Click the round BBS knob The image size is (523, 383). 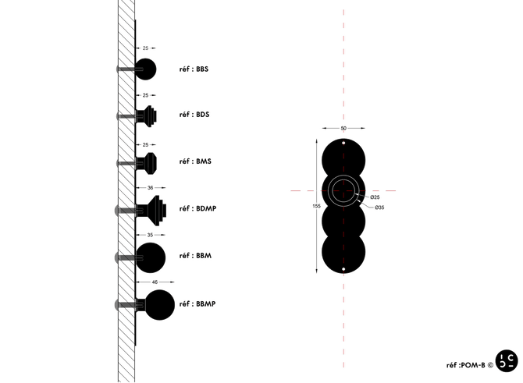(x=146, y=69)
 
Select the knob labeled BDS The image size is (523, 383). (x=149, y=115)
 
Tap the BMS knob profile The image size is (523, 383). (x=149, y=162)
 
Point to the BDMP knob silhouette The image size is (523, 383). (x=155, y=209)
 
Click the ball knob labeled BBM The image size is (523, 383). (x=151, y=255)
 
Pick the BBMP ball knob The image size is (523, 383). (x=159, y=304)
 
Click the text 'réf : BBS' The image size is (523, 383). (x=194, y=69)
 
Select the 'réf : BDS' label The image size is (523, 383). (x=194, y=115)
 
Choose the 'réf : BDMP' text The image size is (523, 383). (x=197, y=209)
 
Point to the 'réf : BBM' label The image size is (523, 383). (x=196, y=255)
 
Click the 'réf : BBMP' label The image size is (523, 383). (x=197, y=303)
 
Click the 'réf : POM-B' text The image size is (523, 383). (x=468, y=364)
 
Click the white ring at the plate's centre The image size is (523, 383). (x=343, y=190)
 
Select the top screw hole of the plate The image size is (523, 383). (x=343, y=143)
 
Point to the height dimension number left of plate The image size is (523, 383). (x=314, y=206)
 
